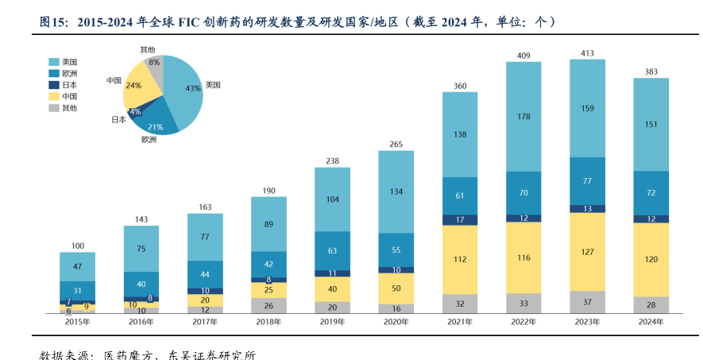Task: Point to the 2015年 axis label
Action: pos(78,321)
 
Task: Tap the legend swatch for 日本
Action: pos(54,84)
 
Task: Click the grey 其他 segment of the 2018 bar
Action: pos(269,305)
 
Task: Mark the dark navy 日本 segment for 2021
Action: pos(460,219)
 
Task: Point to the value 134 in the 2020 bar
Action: pos(396,191)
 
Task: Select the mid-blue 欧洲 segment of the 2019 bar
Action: pos(333,250)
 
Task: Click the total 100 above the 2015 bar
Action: pos(78,246)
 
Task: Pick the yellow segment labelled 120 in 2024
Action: pos(651,260)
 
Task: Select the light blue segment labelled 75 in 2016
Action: pos(141,248)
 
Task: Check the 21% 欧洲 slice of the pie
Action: pos(156,121)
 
